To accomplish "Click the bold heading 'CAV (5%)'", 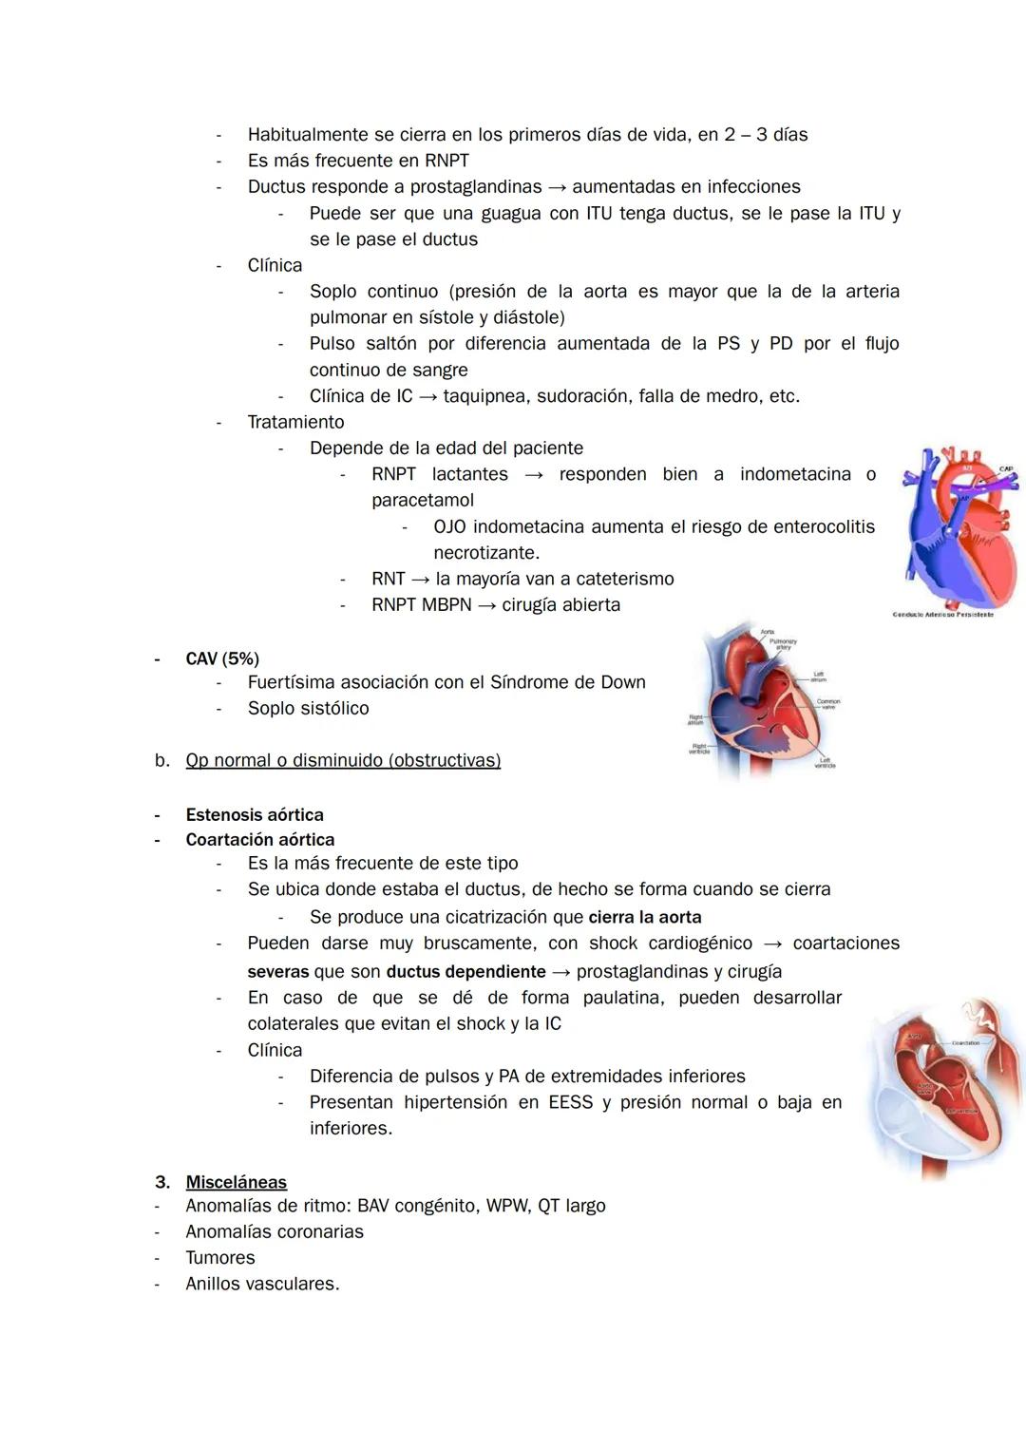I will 222,658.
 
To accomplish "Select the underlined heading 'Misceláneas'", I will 236,1182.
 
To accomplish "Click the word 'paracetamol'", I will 422,500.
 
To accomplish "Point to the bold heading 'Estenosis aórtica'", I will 255,814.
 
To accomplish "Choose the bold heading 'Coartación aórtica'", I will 260,839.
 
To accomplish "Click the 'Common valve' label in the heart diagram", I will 828,703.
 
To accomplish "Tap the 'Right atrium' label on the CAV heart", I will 696,719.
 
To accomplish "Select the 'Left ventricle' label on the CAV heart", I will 825,762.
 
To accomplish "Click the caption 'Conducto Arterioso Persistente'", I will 942,615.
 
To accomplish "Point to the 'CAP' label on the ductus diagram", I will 1005,468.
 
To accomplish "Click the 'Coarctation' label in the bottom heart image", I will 965,1042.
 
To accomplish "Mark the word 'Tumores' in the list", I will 220,1257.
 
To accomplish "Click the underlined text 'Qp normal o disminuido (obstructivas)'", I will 343,760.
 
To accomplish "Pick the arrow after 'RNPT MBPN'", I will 486,605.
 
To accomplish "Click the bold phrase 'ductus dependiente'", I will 465,971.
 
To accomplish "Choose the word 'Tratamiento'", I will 295,422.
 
